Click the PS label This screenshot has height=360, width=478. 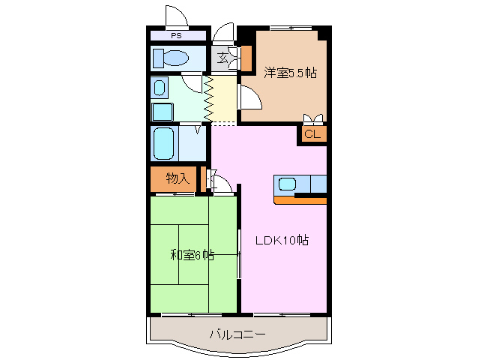pos(176,35)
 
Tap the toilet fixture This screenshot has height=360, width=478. pos(174,58)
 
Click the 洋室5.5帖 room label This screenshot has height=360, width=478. pos(289,73)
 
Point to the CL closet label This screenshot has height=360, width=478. pos(312,134)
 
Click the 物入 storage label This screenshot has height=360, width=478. pos(176,178)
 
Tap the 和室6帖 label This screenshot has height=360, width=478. pos(192,255)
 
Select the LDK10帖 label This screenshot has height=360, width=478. pos(282,241)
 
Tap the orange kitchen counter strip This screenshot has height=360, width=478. pos(300,200)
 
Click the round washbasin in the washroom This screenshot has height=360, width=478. pos(161,88)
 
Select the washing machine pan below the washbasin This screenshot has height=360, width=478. pos(163,112)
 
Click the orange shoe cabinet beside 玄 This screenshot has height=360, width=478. pos(246,58)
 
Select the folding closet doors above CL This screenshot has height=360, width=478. pos(313,118)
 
